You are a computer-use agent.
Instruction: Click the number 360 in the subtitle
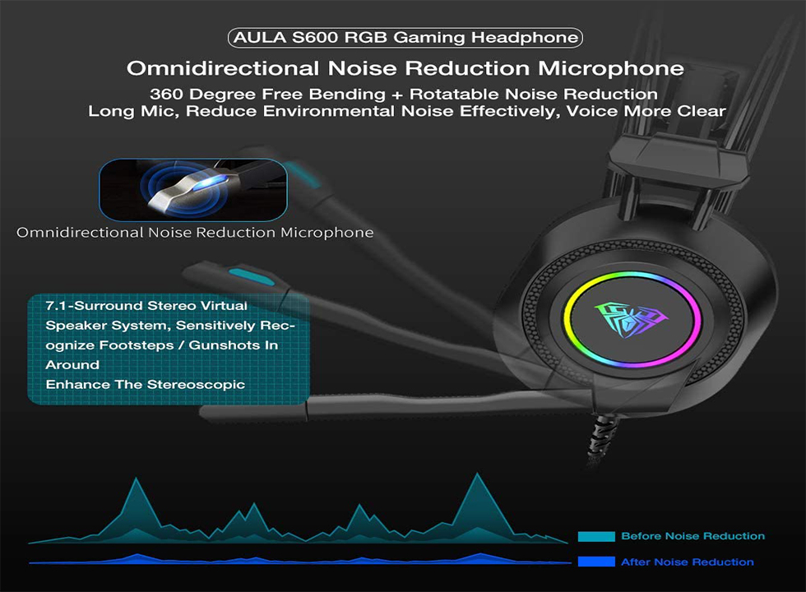pyautogui.click(x=166, y=94)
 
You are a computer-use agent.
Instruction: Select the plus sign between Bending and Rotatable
pyautogui.click(x=396, y=95)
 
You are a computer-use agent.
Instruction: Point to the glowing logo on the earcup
pyautogui.click(x=632, y=320)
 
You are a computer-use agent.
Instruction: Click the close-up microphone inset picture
pyautogui.click(x=192, y=190)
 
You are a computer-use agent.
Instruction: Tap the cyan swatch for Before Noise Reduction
pyautogui.click(x=596, y=536)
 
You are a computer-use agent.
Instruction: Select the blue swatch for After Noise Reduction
pyautogui.click(x=596, y=562)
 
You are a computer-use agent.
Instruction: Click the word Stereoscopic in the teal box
pyautogui.click(x=196, y=385)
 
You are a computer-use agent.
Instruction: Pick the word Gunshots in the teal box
pyautogui.click(x=224, y=345)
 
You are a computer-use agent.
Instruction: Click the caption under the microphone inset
pyautogui.click(x=195, y=233)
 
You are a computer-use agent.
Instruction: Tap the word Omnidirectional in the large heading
pyautogui.click(x=223, y=68)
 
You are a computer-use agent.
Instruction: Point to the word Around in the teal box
pyautogui.click(x=72, y=365)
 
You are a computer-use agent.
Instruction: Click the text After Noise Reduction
pyautogui.click(x=688, y=562)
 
